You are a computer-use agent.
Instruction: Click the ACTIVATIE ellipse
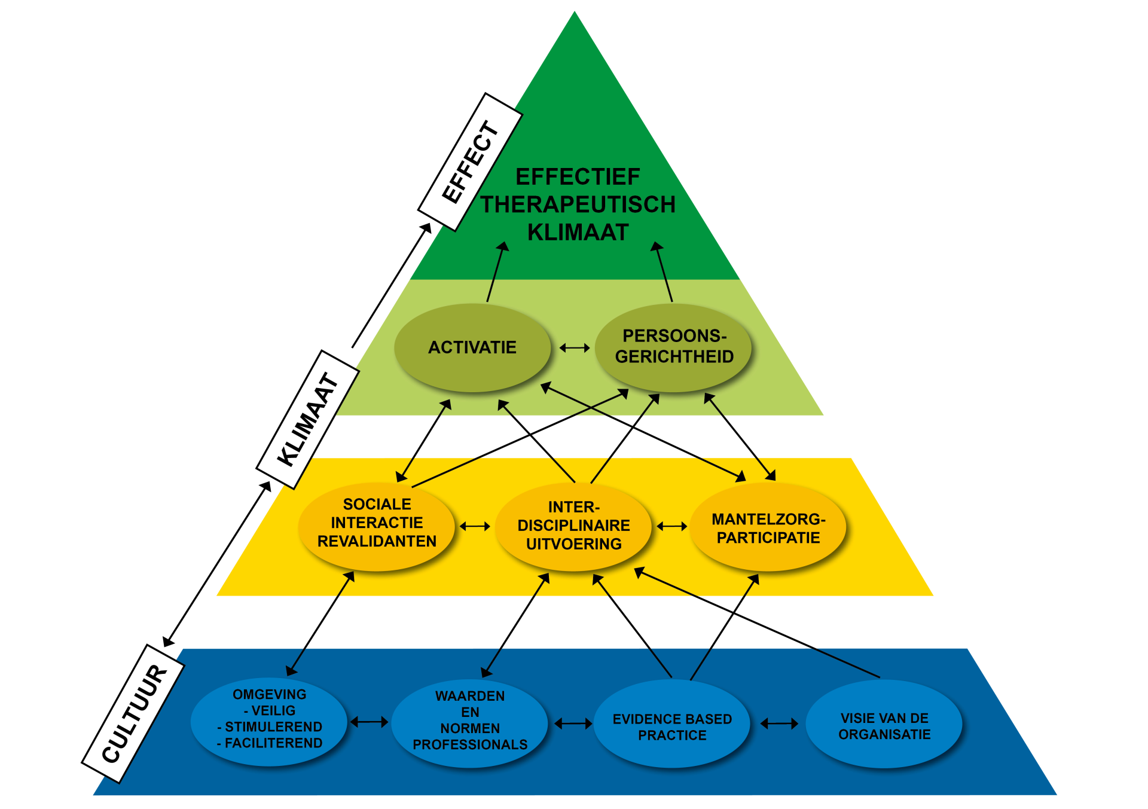click(472, 347)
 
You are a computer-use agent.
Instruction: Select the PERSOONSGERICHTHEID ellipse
click(673, 347)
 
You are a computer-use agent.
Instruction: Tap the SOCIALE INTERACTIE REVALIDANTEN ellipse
click(377, 526)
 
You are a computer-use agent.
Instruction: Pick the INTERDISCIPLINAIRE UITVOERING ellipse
click(573, 526)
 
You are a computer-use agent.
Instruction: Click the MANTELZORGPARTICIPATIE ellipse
click(768, 526)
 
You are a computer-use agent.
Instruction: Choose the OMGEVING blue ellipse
click(269, 722)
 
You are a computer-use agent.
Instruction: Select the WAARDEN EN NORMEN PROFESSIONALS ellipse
click(469, 723)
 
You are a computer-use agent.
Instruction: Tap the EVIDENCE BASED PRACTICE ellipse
click(672, 723)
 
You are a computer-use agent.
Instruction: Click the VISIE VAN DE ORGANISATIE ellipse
click(884, 723)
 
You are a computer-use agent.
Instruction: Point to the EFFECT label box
click(470, 162)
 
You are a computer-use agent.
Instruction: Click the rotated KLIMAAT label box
click(308, 420)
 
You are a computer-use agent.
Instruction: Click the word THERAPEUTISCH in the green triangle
click(578, 204)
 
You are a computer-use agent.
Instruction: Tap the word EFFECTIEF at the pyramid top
click(578, 177)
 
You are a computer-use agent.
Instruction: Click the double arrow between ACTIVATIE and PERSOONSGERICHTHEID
click(575, 347)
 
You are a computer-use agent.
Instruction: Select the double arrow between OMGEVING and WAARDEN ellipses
click(370, 722)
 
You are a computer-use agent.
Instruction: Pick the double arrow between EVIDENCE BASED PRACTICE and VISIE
click(779, 723)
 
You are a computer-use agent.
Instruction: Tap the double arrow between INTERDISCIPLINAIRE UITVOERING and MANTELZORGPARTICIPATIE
click(671, 526)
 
